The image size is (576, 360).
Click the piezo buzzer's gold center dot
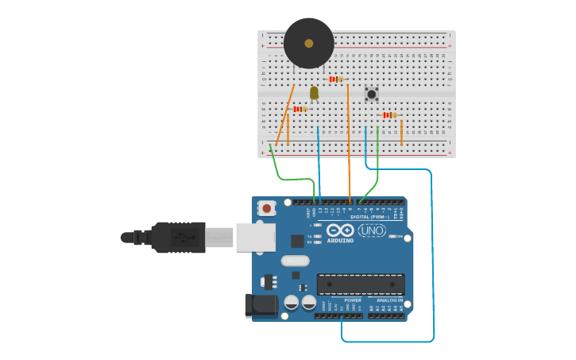click(309, 43)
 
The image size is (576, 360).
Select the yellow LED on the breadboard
click(314, 93)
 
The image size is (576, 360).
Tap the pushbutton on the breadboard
click(371, 94)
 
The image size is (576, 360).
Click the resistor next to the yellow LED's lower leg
click(300, 109)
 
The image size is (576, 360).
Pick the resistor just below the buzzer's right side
click(336, 79)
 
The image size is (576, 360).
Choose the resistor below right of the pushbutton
click(389, 115)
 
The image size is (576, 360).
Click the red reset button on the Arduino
click(267, 208)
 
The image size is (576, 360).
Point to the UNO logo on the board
click(372, 230)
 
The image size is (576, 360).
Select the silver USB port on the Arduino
click(255, 237)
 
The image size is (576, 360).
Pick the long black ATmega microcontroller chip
click(361, 284)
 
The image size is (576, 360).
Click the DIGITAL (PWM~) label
click(369, 217)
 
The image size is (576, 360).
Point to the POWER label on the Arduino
click(353, 300)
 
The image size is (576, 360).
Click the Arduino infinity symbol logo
click(340, 230)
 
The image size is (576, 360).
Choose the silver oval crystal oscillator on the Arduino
click(295, 261)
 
